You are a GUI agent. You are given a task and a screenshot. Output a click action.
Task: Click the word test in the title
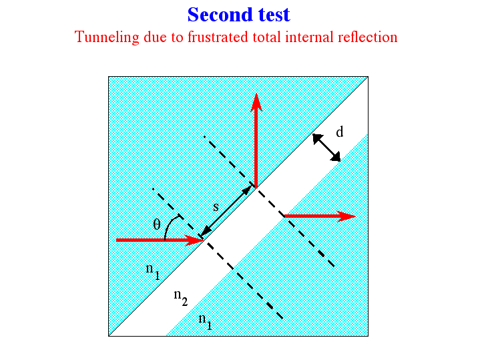(274, 15)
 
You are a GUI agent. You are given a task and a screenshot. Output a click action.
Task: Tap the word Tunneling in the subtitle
(107, 37)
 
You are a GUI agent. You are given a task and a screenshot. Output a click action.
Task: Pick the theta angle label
(157, 224)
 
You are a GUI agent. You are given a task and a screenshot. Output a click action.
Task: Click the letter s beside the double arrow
(216, 207)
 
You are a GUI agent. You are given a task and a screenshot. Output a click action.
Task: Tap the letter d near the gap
(340, 132)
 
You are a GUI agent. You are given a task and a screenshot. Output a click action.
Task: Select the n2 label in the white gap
(181, 297)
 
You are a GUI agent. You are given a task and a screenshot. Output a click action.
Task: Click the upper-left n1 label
(153, 271)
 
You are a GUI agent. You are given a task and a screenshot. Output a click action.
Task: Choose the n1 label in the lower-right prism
(205, 321)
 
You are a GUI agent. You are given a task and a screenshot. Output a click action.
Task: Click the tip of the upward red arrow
(256, 94)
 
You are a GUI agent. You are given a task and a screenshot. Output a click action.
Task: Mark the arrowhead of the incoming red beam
(203, 240)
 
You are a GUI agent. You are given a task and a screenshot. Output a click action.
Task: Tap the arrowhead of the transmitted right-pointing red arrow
(355, 216)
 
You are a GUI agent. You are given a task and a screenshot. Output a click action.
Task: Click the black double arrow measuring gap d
(326, 148)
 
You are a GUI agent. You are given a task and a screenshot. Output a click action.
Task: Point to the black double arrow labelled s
(226, 211)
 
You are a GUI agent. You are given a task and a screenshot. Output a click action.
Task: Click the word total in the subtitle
(266, 37)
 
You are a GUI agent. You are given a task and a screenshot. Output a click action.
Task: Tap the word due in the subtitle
(155, 37)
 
